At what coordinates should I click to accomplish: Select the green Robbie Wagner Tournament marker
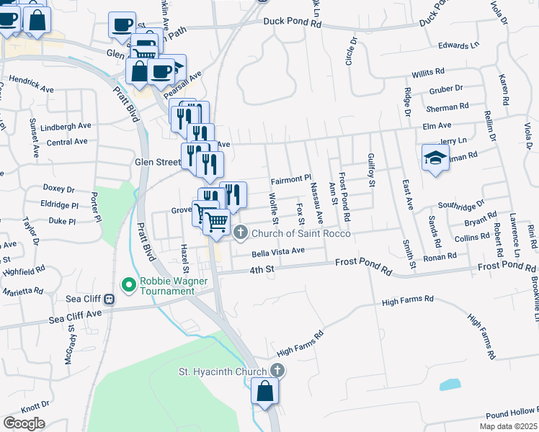tap(130, 286)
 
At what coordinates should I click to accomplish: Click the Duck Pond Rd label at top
tap(292, 23)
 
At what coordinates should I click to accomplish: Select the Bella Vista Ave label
tap(279, 252)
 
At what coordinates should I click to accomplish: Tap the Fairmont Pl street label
tap(290, 178)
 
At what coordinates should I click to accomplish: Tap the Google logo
tap(24, 423)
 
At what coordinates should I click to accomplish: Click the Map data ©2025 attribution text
tap(508, 426)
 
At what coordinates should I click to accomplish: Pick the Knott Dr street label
tap(35, 405)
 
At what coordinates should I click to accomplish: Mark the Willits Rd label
tap(428, 73)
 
